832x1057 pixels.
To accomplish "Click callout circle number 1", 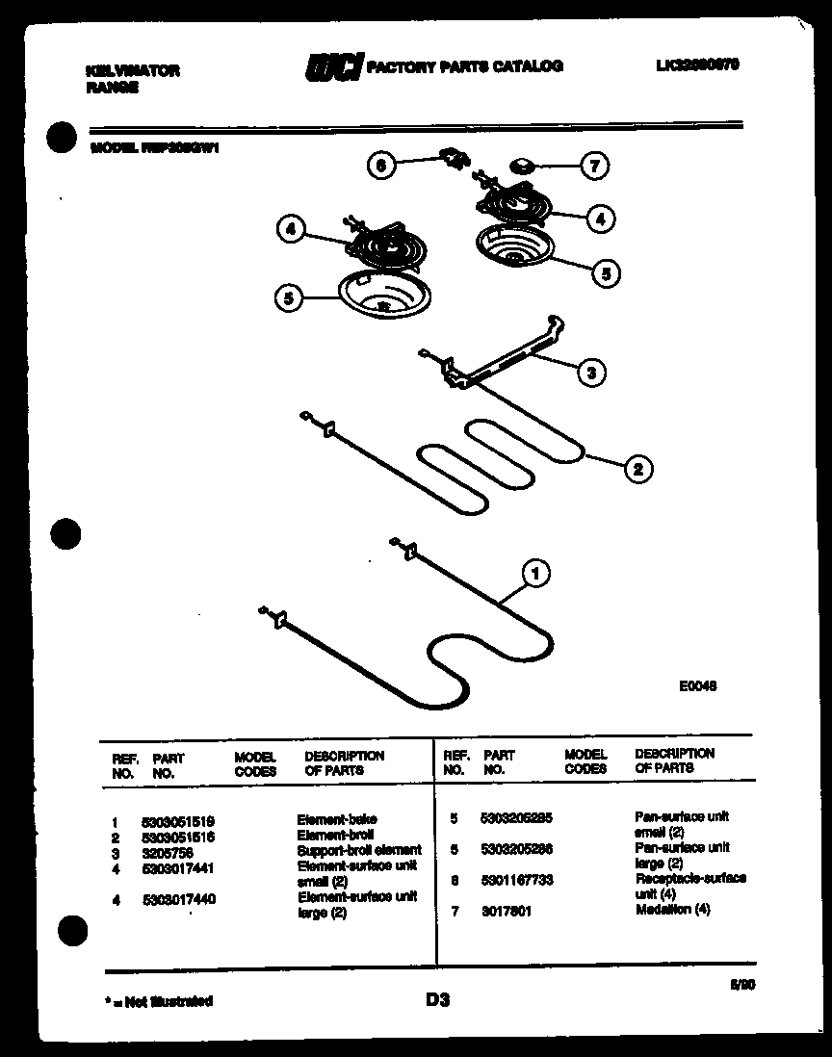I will tap(536, 575).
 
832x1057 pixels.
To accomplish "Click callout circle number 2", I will tap(637, 469).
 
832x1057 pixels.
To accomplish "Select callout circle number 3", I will tap(590, 373).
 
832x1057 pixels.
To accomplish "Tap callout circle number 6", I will tap(380, 166).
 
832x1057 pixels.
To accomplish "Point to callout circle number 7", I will tap(594, 167).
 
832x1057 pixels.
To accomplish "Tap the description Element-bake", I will tap(336, 820).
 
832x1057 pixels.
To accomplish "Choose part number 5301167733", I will tap(516, 880).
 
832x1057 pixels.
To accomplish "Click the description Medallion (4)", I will tap(672, 910).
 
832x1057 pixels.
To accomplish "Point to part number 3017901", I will tap(505, 911).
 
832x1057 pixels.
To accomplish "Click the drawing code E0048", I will tap(697, 686).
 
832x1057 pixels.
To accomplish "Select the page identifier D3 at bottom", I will tap(437, 1000).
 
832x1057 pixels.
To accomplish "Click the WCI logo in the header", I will tap(333, 67).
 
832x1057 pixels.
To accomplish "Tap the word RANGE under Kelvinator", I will tap(112, 88).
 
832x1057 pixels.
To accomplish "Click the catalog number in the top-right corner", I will tap(697, 64).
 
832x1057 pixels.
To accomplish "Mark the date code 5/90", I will tap(743, 984).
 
